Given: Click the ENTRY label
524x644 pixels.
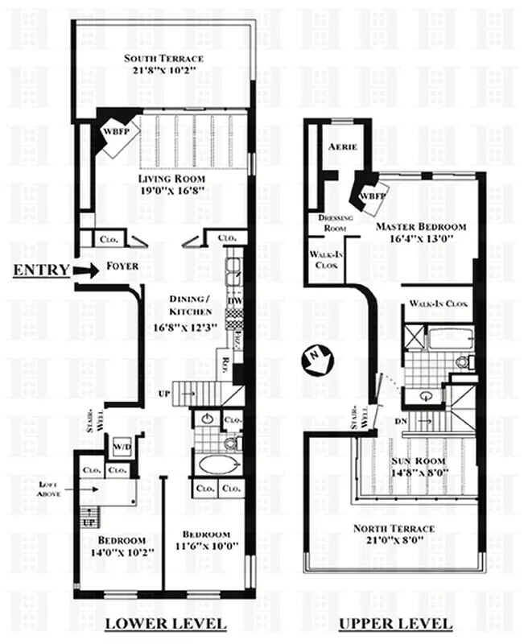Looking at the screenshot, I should point(40,270).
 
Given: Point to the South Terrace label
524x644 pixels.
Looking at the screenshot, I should point(163,59).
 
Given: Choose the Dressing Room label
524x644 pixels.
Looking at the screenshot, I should point(332,223).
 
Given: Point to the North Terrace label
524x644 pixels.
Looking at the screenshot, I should point(394,529).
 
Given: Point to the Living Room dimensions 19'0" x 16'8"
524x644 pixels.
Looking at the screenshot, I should point(171,191).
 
